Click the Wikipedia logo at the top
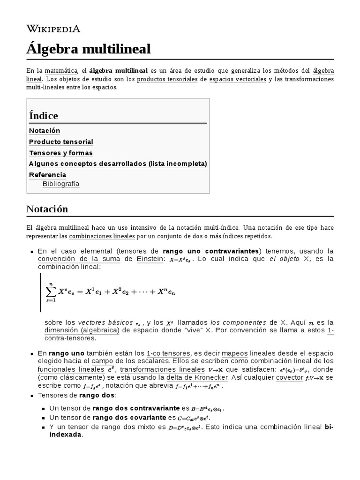tap(53, 29)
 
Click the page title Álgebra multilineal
tap(89, 48)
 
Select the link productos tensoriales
tap(167, 79)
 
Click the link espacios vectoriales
tap(238, 79)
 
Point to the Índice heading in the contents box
tap(44, 115)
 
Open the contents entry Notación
tap(45, 130)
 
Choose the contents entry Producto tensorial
tap(61, 142)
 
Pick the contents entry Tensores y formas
tap(61, 153)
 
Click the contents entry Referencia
tap(47, 174)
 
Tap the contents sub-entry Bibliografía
tap(61, 184)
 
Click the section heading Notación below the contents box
tap(47, 209)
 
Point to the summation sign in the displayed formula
tap(51, 291)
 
